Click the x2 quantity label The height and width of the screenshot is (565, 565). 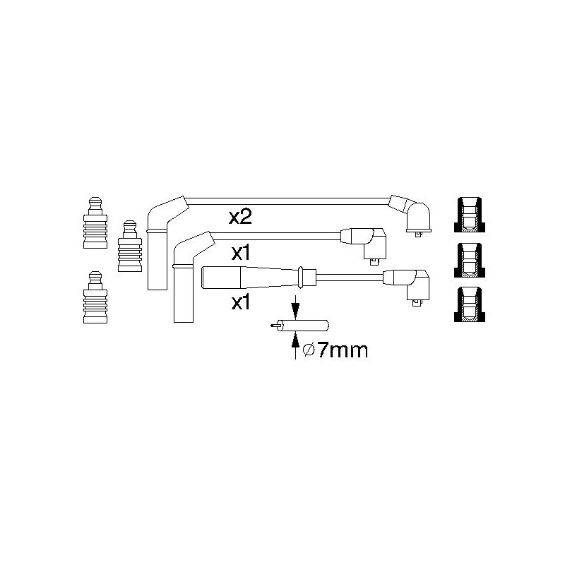240,218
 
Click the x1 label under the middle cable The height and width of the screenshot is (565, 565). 241,254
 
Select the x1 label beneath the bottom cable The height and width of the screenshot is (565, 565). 241,303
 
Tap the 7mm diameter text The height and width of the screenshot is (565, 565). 343,350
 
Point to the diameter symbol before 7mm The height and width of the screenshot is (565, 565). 309,350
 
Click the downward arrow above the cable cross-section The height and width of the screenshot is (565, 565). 295,307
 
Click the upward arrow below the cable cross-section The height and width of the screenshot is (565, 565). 295,345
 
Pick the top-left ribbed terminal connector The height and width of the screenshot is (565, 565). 95,222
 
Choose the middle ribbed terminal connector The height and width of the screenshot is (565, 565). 130,246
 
